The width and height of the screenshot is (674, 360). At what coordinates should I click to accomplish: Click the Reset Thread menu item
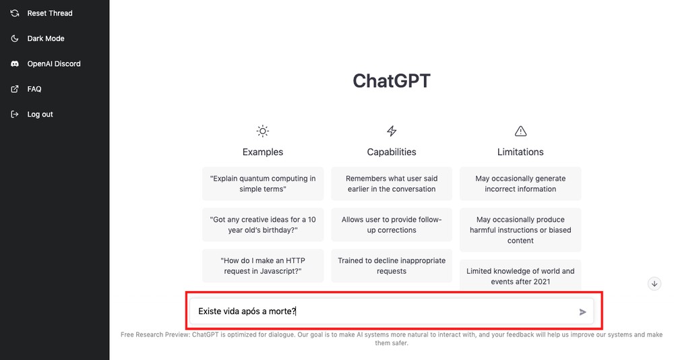49,13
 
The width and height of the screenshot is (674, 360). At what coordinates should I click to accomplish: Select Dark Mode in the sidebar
46,38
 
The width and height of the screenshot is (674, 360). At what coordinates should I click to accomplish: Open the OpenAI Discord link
53,63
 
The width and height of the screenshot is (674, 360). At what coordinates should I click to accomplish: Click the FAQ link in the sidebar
34,89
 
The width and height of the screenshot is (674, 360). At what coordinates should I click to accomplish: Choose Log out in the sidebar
40,114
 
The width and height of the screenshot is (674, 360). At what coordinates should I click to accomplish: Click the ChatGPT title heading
391,81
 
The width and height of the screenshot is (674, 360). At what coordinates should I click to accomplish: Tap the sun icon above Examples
263,131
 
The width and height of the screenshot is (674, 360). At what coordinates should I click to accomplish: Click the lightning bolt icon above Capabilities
392,131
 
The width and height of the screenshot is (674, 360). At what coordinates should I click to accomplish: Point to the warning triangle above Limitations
520,131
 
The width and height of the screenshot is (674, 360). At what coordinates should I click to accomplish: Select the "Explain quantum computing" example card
263,183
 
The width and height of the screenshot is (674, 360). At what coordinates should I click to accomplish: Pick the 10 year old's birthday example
263,224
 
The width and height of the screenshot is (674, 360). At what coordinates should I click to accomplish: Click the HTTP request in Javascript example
263,266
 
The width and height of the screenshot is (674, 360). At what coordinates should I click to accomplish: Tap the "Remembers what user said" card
392,183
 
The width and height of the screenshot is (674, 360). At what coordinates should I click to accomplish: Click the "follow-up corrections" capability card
392,224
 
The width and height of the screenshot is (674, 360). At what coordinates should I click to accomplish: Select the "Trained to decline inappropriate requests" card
392,266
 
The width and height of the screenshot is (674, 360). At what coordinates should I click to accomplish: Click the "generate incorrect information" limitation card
520,183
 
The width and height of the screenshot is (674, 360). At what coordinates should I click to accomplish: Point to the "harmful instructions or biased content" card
520,230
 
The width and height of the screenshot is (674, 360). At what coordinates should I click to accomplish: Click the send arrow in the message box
582,311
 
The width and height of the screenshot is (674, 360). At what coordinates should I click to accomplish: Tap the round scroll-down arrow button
654,284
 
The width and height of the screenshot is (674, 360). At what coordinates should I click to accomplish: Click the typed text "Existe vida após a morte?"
247,311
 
